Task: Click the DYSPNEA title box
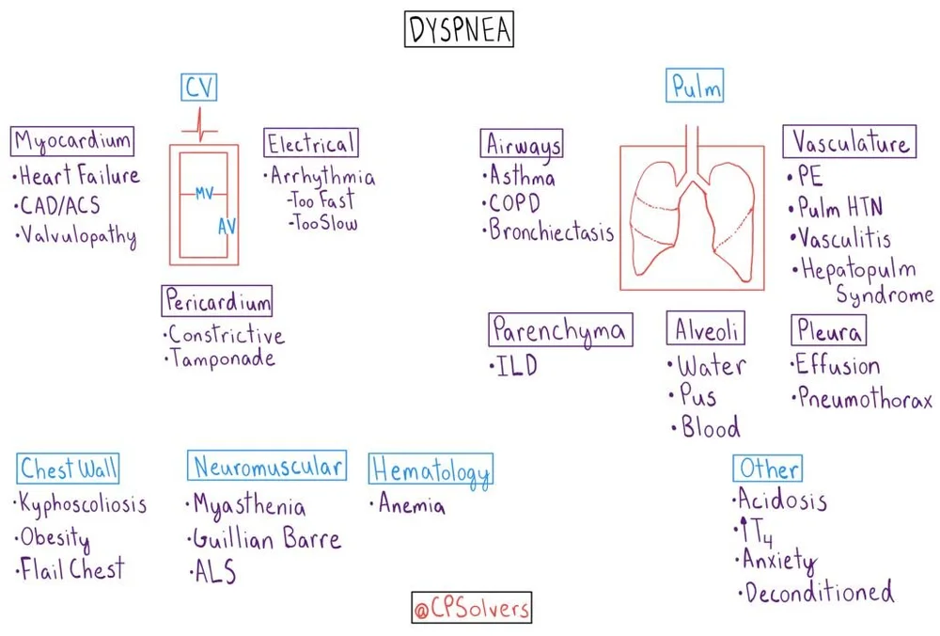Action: click(x=461, y=30)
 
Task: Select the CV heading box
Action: click(x=199, y=87)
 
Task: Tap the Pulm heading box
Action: click(x=697, y=87)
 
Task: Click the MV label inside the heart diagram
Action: click(x=204, y=193)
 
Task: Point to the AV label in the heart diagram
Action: click(x=227, y=227)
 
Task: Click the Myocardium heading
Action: click(x=72, y=142)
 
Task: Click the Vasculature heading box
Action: click(x=850, y=142)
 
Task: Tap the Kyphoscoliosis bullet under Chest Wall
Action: click(x=83, y=504)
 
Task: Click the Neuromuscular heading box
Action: click(x=268, y=466)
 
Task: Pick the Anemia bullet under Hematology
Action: click(x=411, y=505)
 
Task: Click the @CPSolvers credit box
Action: click(x=472, y=608)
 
